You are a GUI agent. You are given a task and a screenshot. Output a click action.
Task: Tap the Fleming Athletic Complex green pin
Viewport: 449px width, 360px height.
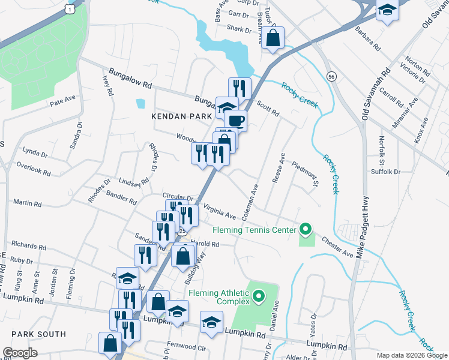[x=259, y=295]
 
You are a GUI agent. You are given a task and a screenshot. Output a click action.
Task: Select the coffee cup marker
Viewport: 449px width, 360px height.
[x=237, y=120]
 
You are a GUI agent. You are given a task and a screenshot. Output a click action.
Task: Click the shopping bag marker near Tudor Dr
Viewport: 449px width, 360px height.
[x=273, y=38]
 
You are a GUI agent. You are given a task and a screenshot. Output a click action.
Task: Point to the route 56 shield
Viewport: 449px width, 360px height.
[x=331, y=76]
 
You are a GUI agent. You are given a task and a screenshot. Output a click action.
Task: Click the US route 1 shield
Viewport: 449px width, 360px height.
[x=71, y=9]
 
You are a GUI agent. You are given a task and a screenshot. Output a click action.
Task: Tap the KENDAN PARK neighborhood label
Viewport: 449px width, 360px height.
[x=182, y=115]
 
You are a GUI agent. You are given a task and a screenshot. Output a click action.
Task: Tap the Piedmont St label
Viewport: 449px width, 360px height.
[x=305, y=173]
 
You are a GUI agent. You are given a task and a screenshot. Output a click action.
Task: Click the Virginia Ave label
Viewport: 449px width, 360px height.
[x=220, y=211]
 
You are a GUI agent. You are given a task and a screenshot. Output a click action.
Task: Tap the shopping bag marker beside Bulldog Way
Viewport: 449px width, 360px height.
[x=182, y=256]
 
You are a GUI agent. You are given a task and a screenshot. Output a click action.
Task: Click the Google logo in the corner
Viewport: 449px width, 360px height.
[x=20, y=353]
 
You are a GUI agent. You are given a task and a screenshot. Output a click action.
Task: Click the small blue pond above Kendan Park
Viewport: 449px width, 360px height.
[x=140, y=103]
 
